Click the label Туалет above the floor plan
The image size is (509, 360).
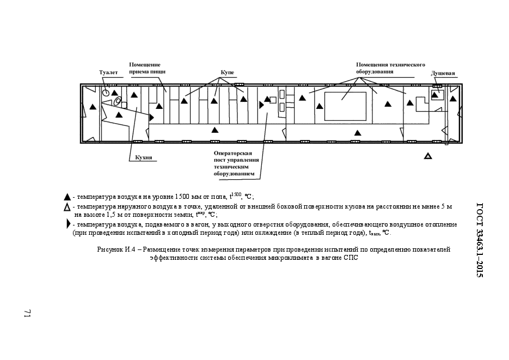point(108,72)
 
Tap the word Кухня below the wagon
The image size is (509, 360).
point(144,157)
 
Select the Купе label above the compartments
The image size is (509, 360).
point(227,72)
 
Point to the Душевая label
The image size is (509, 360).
point(443,74)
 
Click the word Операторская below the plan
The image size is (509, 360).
point(233,153)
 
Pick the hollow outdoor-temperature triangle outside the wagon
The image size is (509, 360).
point(428,156)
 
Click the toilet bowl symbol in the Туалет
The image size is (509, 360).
point(106,93)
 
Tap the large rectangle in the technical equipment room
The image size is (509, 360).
point(345,106)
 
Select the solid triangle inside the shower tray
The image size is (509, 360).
point(434,94)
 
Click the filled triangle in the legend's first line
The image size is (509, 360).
point(67,197)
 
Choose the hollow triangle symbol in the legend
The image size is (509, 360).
point(67,207)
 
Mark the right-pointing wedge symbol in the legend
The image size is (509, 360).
point(68,224)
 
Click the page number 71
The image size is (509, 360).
point(27,313)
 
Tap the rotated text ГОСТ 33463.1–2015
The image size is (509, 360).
point(480,240)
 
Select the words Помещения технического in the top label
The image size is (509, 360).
point(390,65)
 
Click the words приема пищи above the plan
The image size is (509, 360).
point(148,71)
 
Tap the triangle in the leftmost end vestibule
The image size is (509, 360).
point(93,106)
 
